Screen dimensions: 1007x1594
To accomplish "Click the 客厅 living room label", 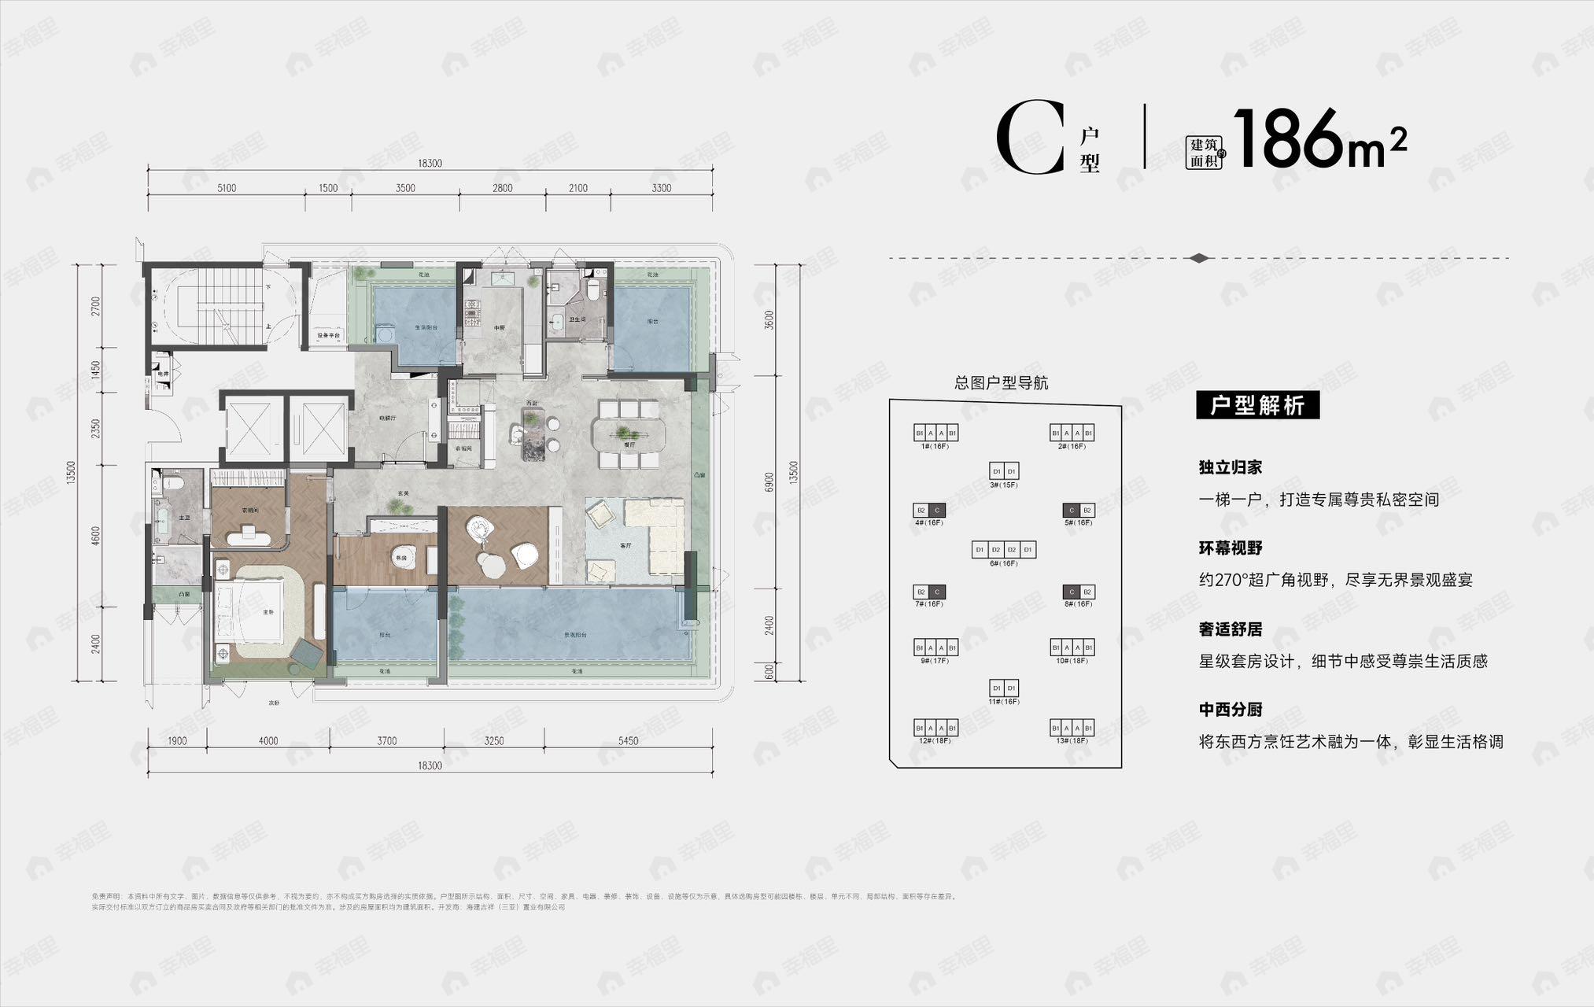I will tap(626, 546).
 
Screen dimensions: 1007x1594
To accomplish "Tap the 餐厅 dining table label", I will tap(629, 444).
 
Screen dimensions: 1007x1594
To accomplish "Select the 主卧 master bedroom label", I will tap(268, 611).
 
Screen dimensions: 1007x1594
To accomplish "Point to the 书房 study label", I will tap(401, 558).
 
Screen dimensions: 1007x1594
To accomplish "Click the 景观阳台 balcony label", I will tap(575, 634).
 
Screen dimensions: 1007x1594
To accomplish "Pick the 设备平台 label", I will tap(329, 336).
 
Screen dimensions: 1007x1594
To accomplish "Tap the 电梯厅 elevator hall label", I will tap(387, 418).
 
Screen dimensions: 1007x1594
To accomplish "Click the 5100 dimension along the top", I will tap(227, 188).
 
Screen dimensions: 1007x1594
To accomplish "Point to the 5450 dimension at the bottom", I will tap(629, 741).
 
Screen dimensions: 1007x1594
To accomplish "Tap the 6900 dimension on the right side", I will tap(769, 481).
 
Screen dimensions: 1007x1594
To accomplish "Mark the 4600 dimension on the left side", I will tap(96, 536).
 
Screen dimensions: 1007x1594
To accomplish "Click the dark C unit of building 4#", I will tap(936, 510).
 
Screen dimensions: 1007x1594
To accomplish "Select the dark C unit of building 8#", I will tap(1071, 592).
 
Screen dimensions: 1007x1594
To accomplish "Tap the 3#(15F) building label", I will tap(1004, 485).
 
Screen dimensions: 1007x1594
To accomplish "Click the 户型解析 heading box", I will tap(1257, 405).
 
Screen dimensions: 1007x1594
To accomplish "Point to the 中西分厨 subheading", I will tap(1231, 710).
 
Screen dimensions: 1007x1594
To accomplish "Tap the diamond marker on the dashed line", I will tap(1199, 258).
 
